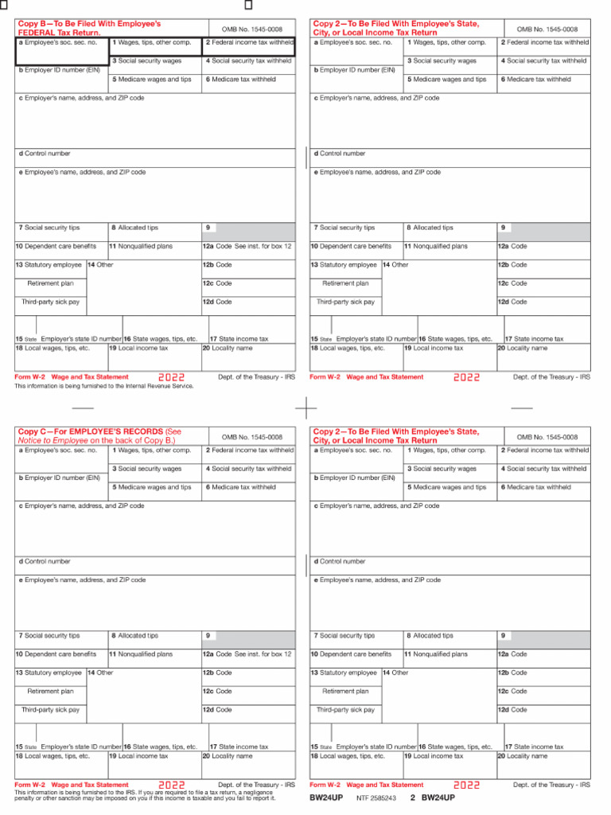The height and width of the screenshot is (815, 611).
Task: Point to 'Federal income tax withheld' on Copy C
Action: [x=249, y=450]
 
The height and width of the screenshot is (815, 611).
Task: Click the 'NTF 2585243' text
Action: [x=376, y=797]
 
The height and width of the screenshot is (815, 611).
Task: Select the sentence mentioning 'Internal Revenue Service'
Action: [x=104, y=386]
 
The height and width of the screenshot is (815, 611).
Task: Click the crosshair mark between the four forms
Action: [x=306, y=407]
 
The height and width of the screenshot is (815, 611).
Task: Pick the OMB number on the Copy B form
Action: [x=251, y=29]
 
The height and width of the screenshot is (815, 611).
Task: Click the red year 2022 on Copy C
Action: [x=171, y=785]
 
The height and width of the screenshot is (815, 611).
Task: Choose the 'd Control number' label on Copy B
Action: [x=45, y=154]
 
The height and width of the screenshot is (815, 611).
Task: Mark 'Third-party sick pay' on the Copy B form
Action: [x=51, y=302]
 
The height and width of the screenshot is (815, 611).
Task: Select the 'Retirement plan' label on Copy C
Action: [x=50, y=692]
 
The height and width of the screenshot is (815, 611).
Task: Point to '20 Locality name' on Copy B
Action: [x=228, y=348]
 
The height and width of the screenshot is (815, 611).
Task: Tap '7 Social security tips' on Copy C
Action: [x=49, y=636]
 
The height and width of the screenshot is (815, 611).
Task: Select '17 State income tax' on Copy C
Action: [x=239, y=747]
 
